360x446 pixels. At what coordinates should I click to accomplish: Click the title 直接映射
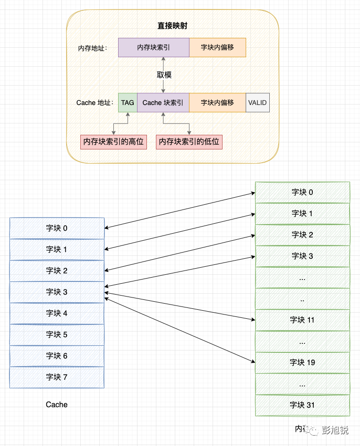[172, 26]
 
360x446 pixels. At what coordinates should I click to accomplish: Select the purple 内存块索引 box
[154, 48]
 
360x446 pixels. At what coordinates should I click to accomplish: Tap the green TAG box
[128, 103]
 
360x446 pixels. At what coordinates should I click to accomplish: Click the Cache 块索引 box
[163, 103]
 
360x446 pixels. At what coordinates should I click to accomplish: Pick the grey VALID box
[257, 103]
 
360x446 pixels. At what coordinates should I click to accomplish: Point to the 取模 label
[163, 75]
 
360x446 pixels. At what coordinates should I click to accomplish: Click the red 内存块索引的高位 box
[113, 142]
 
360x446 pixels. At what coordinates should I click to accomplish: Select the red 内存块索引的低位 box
[189, 142]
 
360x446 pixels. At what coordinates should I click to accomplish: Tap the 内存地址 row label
[93, 48]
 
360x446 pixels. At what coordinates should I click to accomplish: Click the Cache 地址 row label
[95, 103]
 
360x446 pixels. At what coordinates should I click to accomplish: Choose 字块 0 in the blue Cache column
[57, 228]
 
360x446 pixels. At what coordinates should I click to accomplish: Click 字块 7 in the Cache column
[57, 377]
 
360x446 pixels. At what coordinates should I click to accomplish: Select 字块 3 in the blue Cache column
[57, 292]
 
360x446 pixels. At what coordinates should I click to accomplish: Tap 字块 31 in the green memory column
[302, 405]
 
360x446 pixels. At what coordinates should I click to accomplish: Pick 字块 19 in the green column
[302, 362]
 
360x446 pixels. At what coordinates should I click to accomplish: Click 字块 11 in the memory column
[302, 320]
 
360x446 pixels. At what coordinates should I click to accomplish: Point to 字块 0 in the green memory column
[302, 192]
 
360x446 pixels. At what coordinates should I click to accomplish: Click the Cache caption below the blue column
[57, 404]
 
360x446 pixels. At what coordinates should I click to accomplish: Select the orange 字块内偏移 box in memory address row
[217, 48]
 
